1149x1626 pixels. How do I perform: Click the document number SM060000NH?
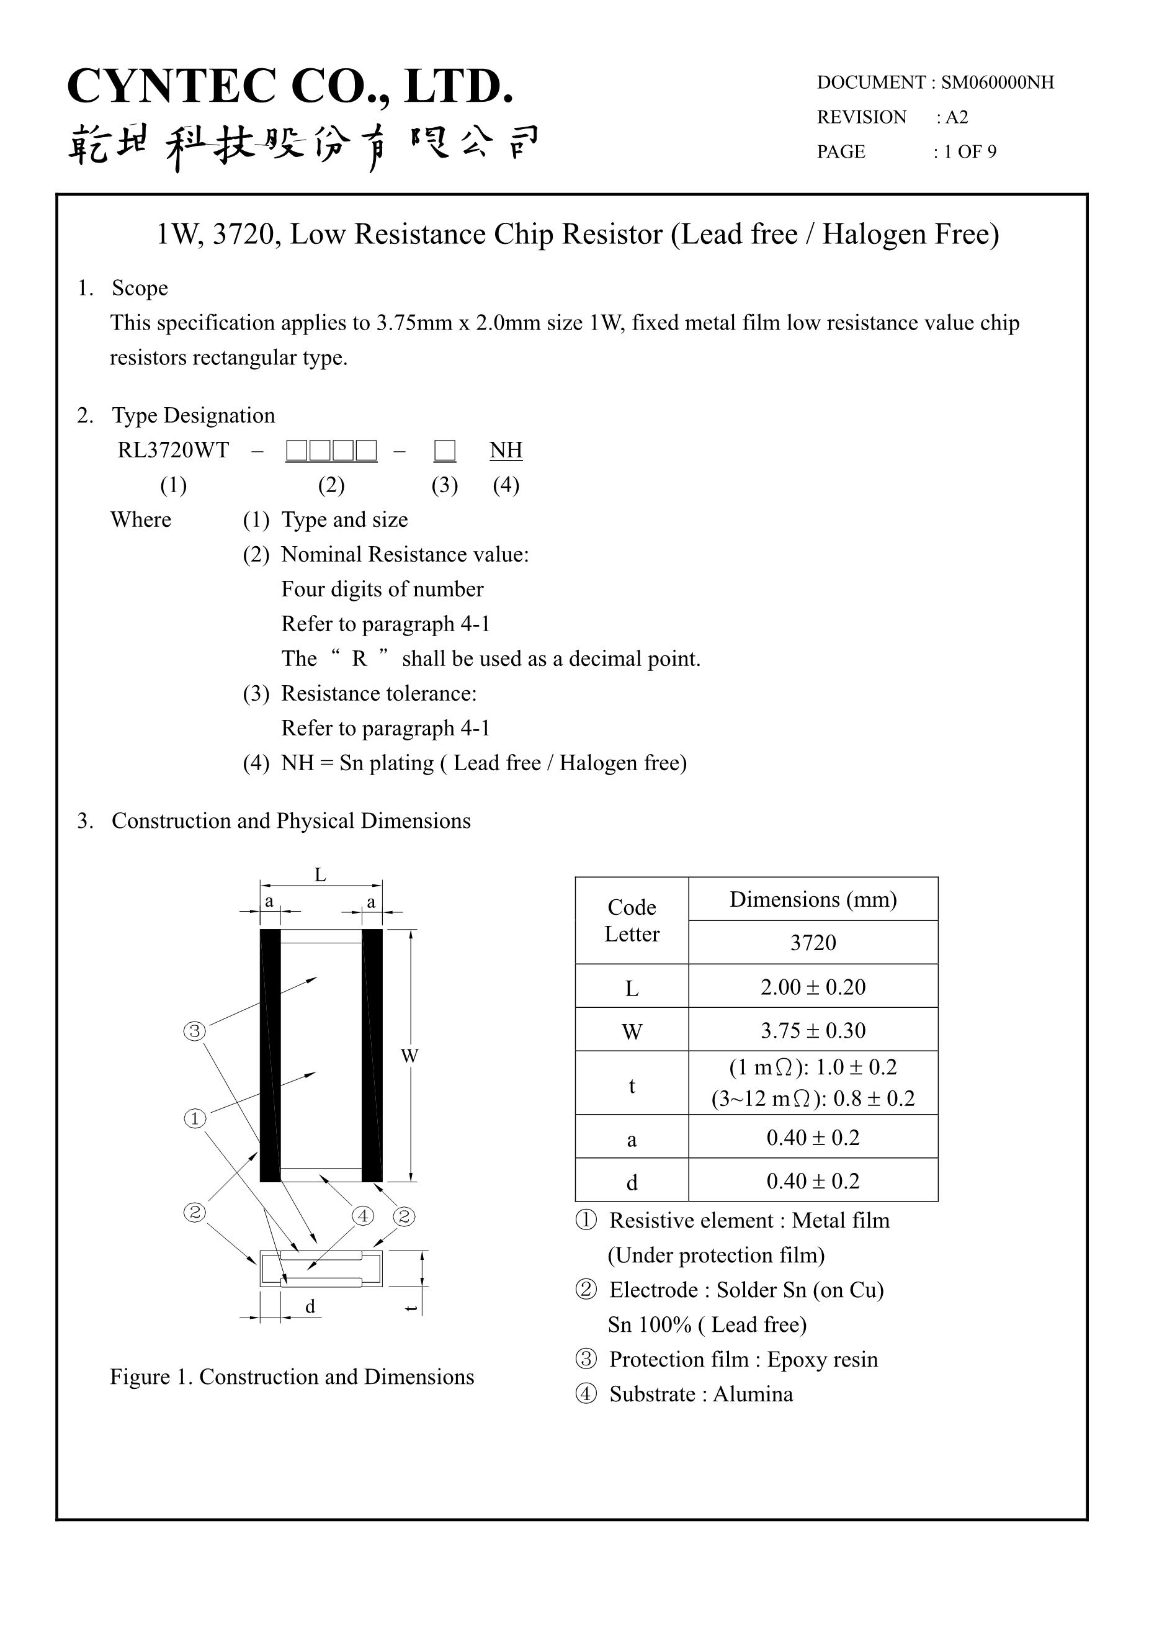coord(997,83)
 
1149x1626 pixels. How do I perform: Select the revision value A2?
coord(957,117)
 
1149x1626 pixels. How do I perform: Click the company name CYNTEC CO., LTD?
coord(290,86)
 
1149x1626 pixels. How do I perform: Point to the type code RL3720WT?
coord(174,451)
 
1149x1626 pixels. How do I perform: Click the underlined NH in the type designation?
coord(506,451)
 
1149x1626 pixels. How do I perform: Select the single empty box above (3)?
coord(445,451)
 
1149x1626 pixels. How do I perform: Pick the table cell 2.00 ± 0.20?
coord(813,987)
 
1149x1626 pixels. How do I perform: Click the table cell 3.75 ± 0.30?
coord(813,1031)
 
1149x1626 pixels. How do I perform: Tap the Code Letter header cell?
coord(632,920)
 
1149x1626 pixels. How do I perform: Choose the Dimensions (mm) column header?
coord(813,899)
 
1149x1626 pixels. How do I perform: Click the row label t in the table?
coord(632,1086)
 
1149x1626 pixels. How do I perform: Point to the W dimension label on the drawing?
coord(409,1056)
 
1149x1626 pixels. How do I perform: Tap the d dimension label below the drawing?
coord(310,1306)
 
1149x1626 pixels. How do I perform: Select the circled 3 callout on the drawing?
coord(195,1031)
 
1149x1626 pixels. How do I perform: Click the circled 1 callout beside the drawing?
coord(195,1119)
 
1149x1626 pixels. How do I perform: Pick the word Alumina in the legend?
coord(753,1395)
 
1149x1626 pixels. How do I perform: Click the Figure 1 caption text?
coord(292,1377)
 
